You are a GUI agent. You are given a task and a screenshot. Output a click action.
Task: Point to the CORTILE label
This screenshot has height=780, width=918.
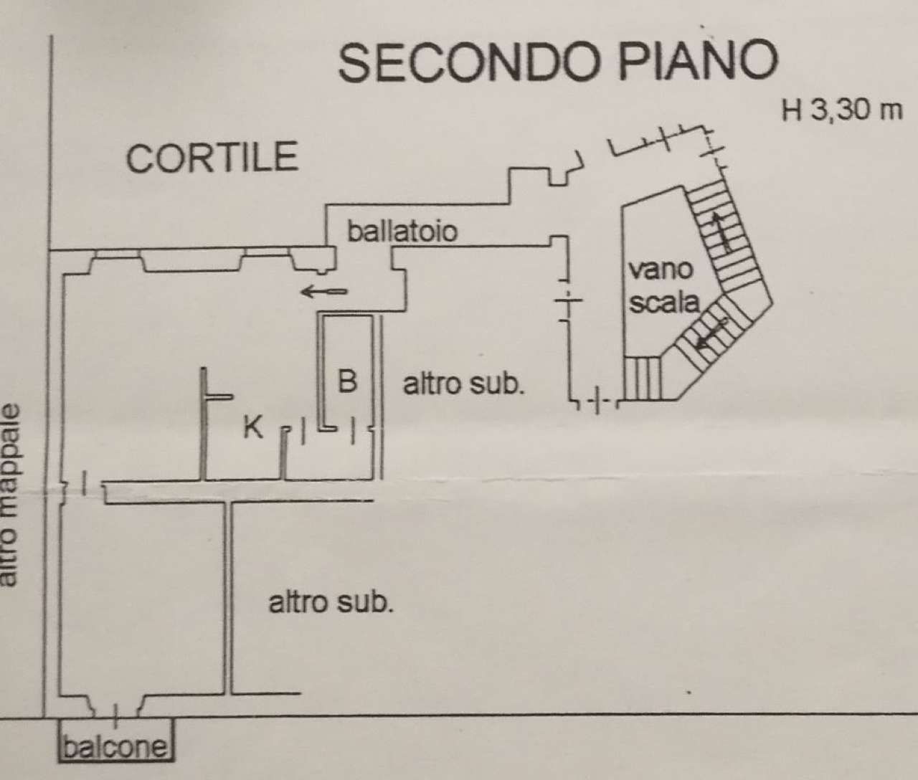click(212, 157)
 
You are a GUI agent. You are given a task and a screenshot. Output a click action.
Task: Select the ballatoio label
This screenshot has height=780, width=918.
click(402, 231)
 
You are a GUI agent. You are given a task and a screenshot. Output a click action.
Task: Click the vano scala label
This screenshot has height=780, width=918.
click(662, 287)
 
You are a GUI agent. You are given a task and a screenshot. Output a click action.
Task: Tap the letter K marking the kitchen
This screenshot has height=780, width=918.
click(252, 427)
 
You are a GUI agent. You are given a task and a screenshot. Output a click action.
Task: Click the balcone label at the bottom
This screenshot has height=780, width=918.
click(115, 748)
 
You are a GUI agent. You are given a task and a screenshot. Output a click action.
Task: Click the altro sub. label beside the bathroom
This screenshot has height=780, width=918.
click(463, 384)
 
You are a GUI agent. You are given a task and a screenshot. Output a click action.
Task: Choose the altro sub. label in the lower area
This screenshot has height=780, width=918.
click(331, 601)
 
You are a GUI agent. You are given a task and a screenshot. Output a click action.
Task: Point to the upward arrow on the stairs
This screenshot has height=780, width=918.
click(722, 229)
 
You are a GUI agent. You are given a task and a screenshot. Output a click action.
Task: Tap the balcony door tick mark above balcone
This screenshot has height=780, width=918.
click(116, 710)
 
